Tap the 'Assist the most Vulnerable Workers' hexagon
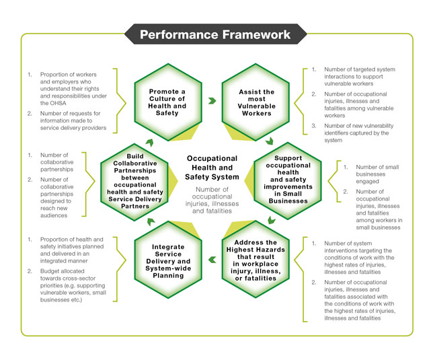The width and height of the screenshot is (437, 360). [256, 101]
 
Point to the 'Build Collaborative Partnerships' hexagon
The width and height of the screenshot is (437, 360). [134, 179]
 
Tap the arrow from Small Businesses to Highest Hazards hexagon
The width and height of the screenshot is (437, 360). [271, 220]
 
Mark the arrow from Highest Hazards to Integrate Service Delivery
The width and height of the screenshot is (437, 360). [212, 258]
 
